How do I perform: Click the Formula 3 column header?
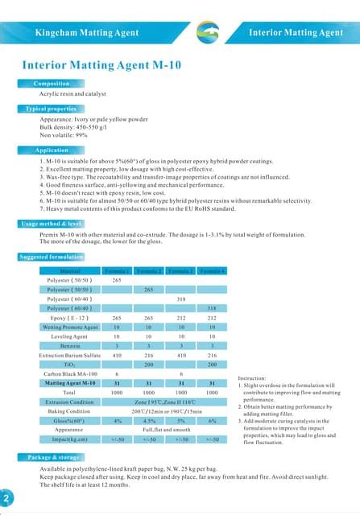point(181,270)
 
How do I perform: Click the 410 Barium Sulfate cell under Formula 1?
point(117,355)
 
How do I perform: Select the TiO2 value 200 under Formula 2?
point(149,365)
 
